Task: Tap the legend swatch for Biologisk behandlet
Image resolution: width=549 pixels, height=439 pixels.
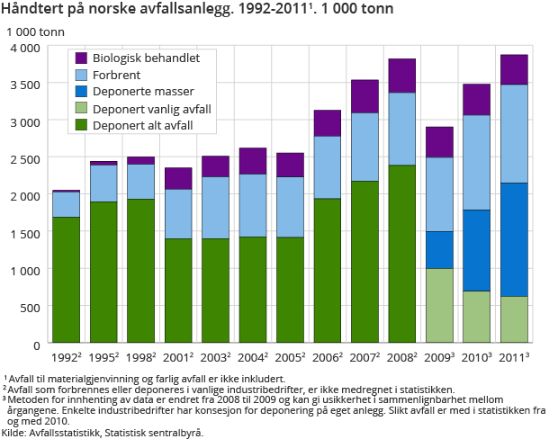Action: click(81, 58)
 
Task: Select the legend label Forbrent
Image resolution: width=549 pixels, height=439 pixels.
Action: click(124, 75)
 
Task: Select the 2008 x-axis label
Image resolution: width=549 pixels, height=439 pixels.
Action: click(401, 357)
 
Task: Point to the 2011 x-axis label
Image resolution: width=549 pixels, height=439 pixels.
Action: click(513, 357)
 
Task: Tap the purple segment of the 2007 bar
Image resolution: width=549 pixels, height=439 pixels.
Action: click(364, 96)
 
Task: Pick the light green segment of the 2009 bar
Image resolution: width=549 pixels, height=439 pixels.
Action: click(439, 306)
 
